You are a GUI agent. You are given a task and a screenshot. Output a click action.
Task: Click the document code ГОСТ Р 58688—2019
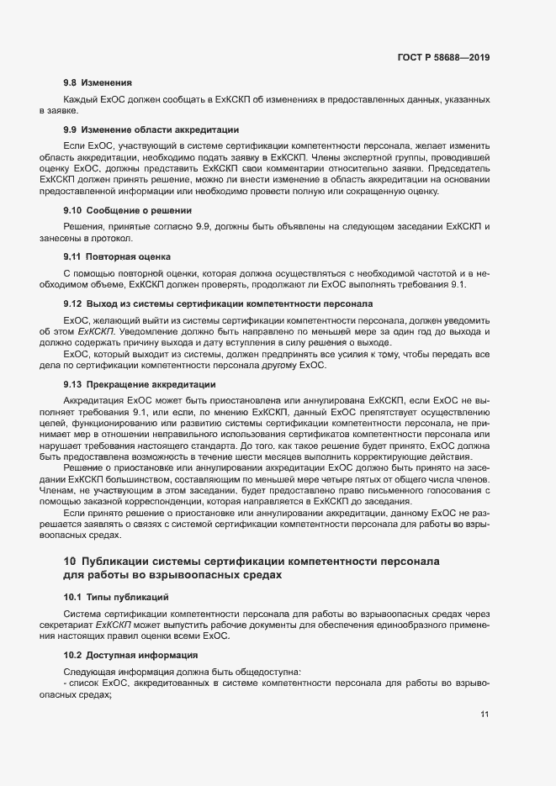click(x=443, y=58)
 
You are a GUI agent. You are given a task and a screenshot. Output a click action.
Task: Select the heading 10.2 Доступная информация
click(x=131, y=654)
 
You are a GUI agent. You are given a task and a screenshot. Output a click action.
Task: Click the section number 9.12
click(x=73, y=302)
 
